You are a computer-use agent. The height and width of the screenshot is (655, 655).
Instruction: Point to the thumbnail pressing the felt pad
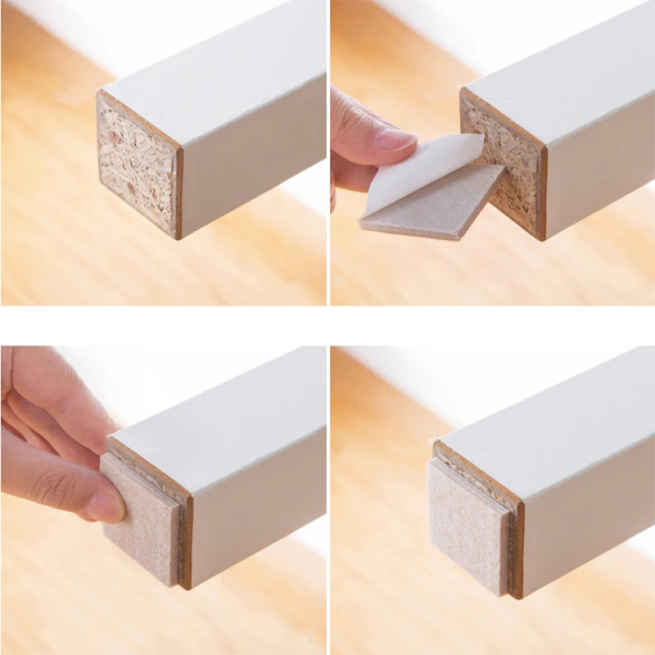pyautogui.click(x=104, y=508)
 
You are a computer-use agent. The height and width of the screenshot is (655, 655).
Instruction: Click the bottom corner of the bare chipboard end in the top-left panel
pyautogui.click(x=176, y=238)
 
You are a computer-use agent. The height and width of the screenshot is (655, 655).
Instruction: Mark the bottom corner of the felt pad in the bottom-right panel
pyautogui.click(x=504, y=593)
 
